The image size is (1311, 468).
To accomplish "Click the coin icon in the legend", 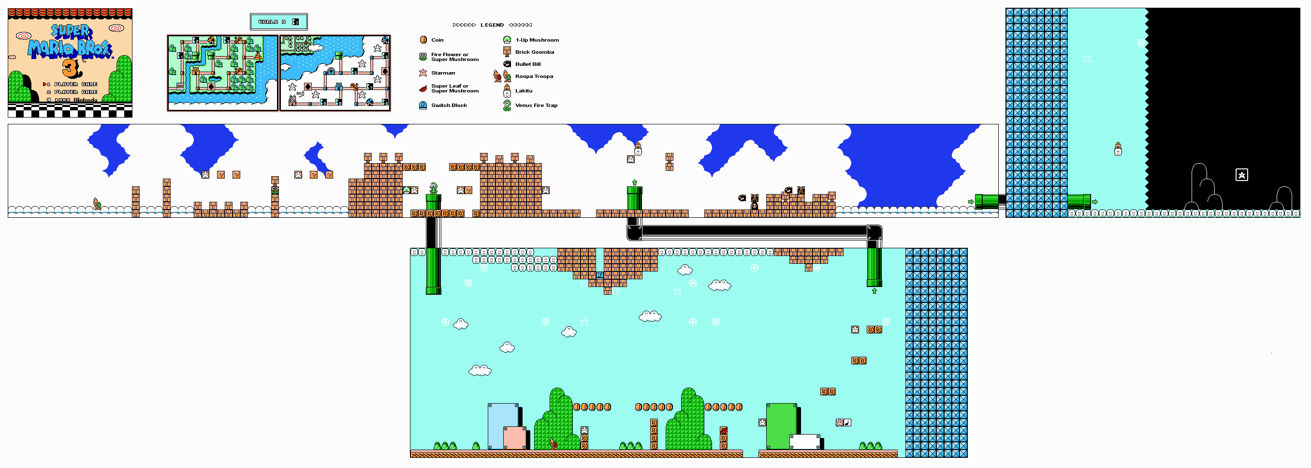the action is tap(423, 40).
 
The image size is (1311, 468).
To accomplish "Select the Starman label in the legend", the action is tap(443, 73).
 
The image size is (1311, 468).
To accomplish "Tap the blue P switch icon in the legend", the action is tap(423, 106).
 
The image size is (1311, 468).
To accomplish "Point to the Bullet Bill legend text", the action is tap(528, 64).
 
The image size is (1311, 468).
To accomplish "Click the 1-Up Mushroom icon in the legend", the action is tap(507, 40).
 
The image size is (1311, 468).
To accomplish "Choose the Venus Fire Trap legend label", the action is tap(536, 106).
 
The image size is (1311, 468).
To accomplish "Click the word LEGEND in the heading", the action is tap(492, 25).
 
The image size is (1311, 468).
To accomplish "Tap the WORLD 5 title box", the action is tap(279, 22).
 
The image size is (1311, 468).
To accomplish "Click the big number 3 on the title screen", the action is tap(71, 68).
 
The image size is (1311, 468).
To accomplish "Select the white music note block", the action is tap(847, 423).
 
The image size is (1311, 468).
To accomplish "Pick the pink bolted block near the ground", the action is tap(514, 438).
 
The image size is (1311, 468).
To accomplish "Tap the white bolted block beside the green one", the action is tap(804, 442).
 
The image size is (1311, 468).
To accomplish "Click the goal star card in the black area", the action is tap(1242, 175).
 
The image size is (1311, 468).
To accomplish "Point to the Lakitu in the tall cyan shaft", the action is tap(1118, 149).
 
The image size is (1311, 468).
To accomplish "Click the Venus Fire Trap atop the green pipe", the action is tap(434, 188).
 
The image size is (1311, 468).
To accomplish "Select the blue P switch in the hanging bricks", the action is tap(599, 275).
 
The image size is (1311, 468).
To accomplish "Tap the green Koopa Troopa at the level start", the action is tap(97, 204).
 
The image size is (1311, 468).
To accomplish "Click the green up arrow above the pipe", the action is tap(635, 182).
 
